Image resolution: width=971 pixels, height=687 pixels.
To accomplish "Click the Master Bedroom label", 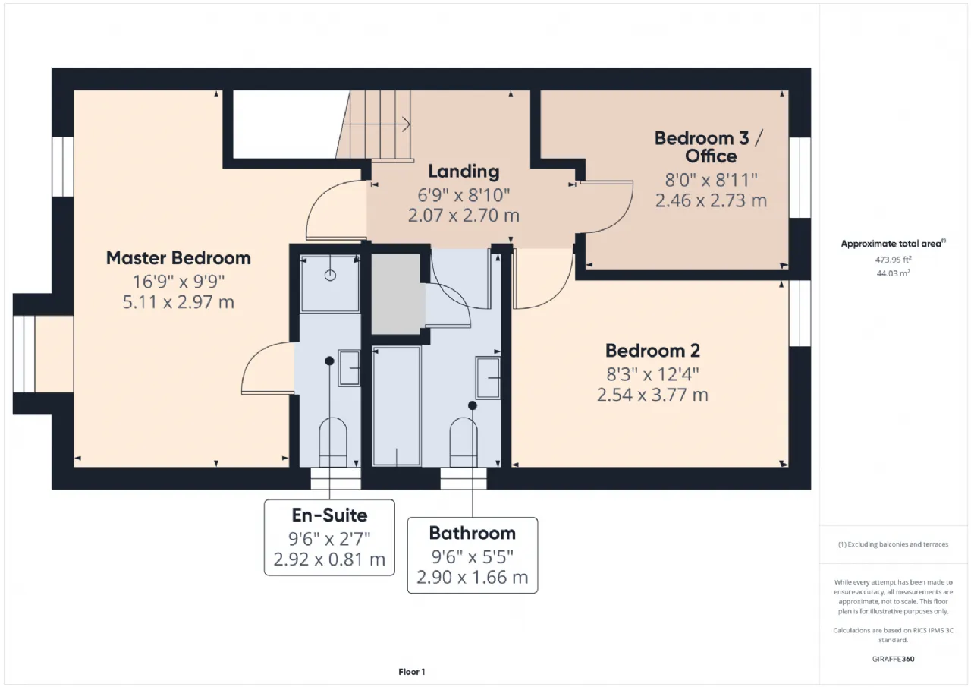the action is click(x=178, y=258).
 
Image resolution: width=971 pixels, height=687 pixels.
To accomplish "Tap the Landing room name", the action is click(x=464, y=172).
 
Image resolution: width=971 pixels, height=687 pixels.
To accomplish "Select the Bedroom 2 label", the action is click(x=652, y=351).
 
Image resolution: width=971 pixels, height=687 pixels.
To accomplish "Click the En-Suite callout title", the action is click(x=329, y=515).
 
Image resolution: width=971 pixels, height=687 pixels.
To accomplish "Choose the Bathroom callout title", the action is click(x=472, y=533).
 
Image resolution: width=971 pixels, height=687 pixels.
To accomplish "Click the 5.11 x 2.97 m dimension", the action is click(x=178, y=302).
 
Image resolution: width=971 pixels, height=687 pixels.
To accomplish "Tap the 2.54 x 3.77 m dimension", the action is click(x=652, y=395).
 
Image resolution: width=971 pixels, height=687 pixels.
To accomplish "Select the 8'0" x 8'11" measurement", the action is click(x=711, y=179).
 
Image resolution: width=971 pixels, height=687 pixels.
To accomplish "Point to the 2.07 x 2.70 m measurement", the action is click(x=464, y=216).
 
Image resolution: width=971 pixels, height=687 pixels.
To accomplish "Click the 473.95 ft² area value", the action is click(x=893, y=260).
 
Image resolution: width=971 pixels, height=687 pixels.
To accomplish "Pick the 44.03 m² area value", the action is click(x=893, y=273).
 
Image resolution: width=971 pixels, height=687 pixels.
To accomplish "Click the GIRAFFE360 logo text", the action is click(x=893, y=659).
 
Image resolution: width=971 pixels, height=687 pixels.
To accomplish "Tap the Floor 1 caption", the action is click(x=411, y=672).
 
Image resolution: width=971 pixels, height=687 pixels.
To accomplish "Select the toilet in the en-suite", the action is click(x=333, y=443).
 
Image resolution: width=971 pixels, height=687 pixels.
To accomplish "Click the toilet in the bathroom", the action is click(x=464, y=443).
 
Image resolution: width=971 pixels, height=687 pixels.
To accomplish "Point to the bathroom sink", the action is click(x=488, y=378).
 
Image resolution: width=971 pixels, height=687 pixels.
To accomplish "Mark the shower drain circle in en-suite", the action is click(x=330, y=276).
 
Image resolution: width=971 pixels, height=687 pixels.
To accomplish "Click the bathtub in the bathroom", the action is click(x=396, y=406).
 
